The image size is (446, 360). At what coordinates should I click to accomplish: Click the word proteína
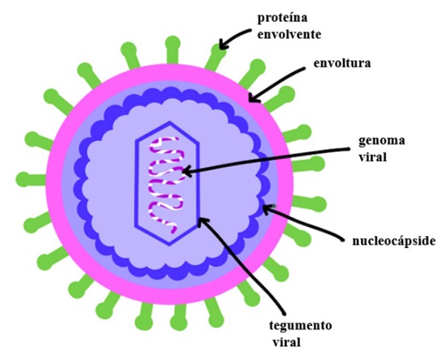point(282,18)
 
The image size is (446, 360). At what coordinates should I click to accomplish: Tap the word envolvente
point(289,34)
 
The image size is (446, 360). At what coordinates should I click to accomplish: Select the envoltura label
point(342,63)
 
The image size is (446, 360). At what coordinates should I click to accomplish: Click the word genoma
point(382,141)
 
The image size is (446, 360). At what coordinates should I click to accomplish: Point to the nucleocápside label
point(393,242)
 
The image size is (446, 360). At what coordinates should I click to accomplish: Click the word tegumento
point(300,326)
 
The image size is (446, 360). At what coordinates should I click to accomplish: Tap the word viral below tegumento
point(286,342)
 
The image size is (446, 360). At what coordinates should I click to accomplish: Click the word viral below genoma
point(373,157)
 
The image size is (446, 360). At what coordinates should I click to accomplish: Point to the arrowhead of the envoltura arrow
point(250,100)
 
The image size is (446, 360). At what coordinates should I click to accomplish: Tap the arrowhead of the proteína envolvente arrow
point(221,47)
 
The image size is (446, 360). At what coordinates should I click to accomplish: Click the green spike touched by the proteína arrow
point(216,58)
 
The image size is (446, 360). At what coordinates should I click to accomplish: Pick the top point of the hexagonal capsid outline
point(170,122)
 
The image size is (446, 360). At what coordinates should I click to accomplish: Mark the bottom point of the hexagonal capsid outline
point(169,245)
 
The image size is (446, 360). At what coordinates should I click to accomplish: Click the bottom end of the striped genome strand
point(174,232)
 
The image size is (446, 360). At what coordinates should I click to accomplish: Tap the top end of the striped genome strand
point(176,139)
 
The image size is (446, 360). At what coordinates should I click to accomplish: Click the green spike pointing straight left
point(32,180)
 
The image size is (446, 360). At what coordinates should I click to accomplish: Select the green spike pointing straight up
point(173,50)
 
